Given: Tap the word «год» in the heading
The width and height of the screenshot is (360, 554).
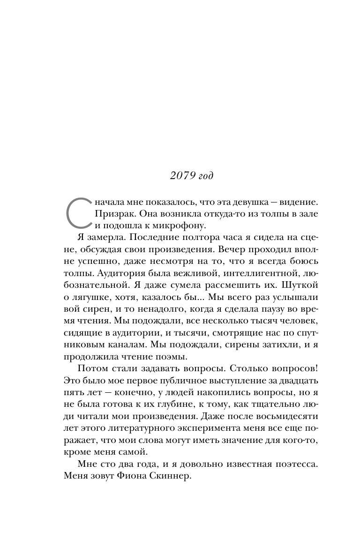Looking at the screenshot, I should pos(204,176).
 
